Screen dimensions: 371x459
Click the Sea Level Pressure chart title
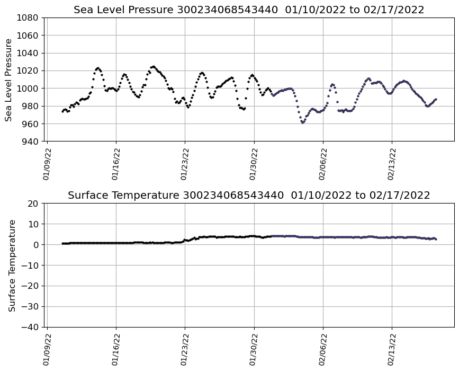point(249,10)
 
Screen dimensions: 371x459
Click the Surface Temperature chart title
point(249,195)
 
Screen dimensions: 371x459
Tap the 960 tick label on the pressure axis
point(30,123)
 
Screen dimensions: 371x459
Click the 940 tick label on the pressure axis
point(30,142)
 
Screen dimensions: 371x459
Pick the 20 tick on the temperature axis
point(33,203)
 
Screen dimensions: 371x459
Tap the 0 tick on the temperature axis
point(36,244)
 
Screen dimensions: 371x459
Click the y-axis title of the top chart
point(9,79)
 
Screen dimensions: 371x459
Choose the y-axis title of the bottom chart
point(12,265)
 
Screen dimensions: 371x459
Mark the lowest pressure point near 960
point(302,122)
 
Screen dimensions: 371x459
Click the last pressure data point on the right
point(436,99)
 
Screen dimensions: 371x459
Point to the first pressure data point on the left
point(62,111)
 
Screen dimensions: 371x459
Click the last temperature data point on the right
point(436,239)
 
